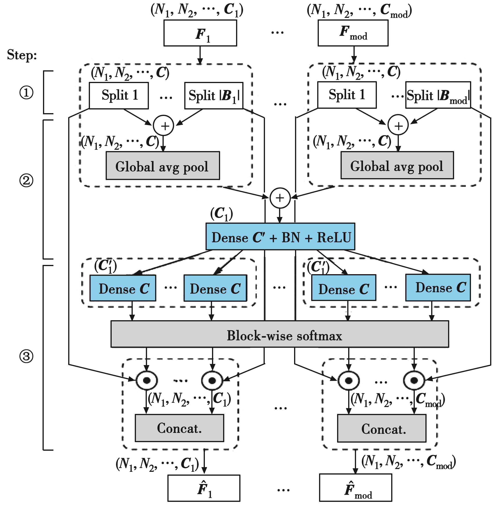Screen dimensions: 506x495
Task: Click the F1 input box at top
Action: [x=200, y=33]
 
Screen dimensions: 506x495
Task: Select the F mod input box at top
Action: [x=353, y=33]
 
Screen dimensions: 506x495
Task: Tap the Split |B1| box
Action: [x=214, y=96]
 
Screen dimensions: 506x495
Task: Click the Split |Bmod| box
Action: [x=438, y=95]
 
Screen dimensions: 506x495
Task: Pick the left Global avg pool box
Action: [x=163, y=166]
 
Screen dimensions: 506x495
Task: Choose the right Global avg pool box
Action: [x=397, y=165]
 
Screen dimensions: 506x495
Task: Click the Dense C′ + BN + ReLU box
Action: [x=280, y=236]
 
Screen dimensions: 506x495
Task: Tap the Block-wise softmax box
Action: [x=280, y=334]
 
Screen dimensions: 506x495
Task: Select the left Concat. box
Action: [x=179, y=428]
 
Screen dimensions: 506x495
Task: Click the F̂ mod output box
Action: [x=355, y=487]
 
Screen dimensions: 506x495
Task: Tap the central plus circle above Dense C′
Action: [x=280, y=198]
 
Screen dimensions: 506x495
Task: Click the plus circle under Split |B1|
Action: [x=163, y=125]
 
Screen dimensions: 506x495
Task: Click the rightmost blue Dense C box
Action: [x=438, y=287]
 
